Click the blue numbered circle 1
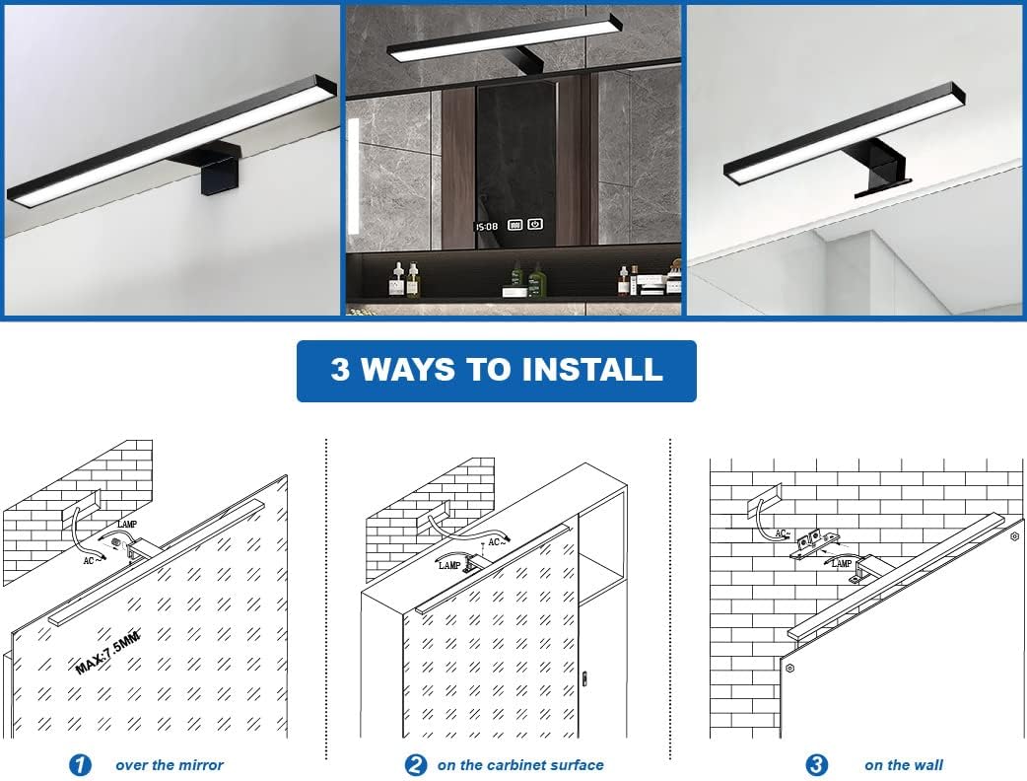(x=80, y=764)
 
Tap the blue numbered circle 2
(x=415, y=764)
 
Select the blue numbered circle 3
(x=816, y=764)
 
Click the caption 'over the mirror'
(x=169, y=765)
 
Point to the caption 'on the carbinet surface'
(x=520, y=765)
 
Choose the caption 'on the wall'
(x=904, y=765)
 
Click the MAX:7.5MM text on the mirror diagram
(x=108, y=651)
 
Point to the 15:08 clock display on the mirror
(x=487, y=227)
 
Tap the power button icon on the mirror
(x=535, y=224)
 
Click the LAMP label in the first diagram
(x=127, y=525)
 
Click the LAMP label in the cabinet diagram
(x=449, y=565)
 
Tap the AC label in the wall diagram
(x=782, y=533)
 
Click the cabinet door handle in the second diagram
(x=584, y=678)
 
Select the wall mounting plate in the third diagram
(x=814, y=542)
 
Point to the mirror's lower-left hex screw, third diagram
(x=790, y=669)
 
